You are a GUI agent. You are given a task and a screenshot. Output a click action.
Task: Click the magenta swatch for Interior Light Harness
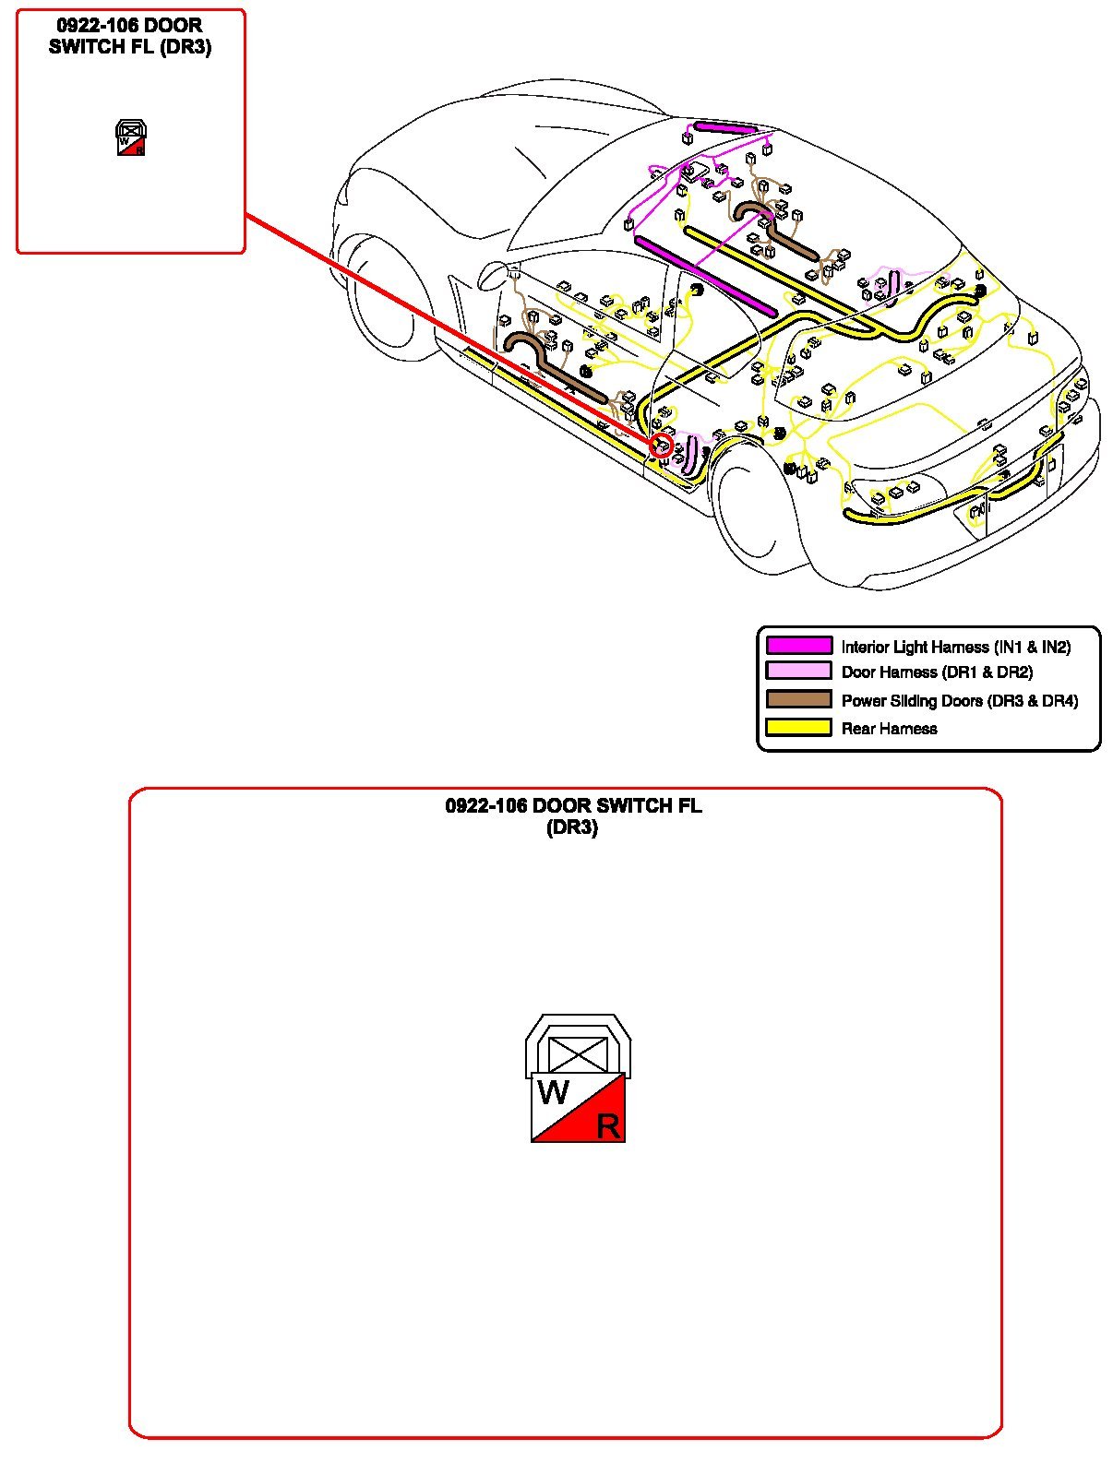click(798, 646)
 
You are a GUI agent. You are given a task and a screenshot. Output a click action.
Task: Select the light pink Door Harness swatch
click(798, 672)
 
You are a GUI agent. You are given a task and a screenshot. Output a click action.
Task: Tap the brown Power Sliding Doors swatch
click(798, 699)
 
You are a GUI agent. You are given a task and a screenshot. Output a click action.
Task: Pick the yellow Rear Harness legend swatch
click(798, 728)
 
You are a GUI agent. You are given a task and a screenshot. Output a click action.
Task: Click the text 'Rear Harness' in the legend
click(889, 729)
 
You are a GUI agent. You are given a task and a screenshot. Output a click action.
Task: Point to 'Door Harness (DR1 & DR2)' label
click(937, 672)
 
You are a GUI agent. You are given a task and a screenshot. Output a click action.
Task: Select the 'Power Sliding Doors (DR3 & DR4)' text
click(959, 701)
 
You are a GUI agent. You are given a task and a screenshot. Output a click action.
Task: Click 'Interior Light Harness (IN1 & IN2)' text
click(955, 648)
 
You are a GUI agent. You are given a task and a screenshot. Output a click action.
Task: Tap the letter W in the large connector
click(553, 1093)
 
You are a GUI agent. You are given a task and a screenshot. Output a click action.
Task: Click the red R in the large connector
click(607, 1126)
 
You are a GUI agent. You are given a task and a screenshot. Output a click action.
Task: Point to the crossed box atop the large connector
click(578, 1053)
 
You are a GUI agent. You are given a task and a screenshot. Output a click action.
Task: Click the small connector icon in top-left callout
click(131, 137)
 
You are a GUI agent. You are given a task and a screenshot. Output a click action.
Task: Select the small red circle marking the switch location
click(661, 446)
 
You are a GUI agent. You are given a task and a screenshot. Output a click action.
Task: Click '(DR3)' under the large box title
click(572, 827)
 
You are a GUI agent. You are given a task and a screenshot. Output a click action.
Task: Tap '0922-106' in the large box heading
click(485, 806)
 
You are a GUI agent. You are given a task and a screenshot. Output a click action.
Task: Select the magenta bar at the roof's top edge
click(725, 127)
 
